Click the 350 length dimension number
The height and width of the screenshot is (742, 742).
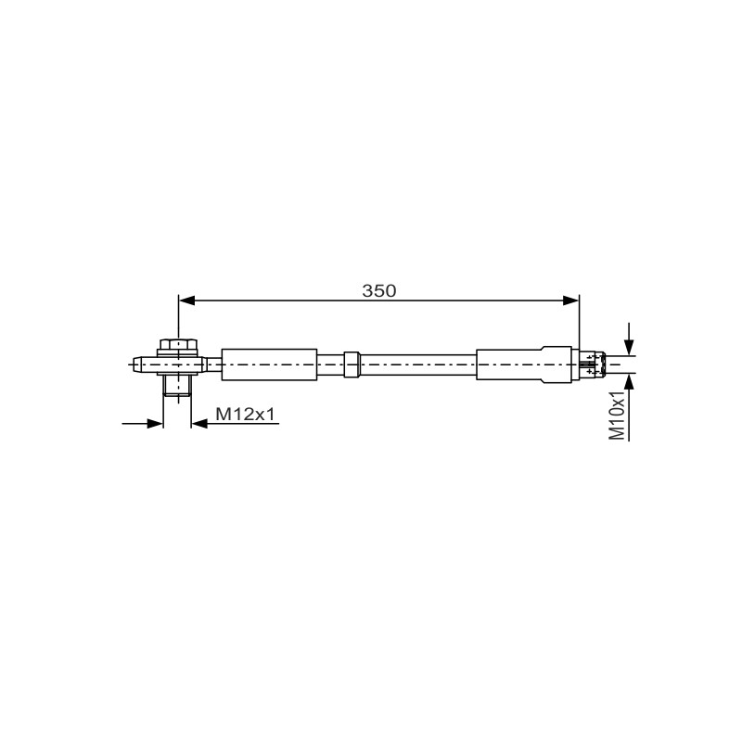pyautogui.click(x=379, y=290)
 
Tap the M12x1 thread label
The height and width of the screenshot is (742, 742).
pyautogui.click(x=245, y=415)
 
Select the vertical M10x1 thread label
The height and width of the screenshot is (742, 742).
pyautogui.click(x=617, y=416)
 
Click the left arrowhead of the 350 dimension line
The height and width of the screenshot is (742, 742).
pyautogui.click(x=187, y=301)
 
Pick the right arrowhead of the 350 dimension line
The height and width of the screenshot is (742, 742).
pyautogui.click(x=570, y=301)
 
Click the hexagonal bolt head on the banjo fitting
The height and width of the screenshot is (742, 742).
pyautogui.click(x=178, y=344)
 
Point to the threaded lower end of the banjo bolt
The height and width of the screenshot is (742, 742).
pyautogui.click(x=177, y=386)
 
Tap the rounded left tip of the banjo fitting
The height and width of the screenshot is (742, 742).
pyautogui.click(x=137, y=365)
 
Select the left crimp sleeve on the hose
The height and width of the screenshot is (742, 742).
pyautogui.click(x=269, y=365)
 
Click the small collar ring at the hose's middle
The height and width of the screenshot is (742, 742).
pyautogui.click(x=352, y=365)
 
